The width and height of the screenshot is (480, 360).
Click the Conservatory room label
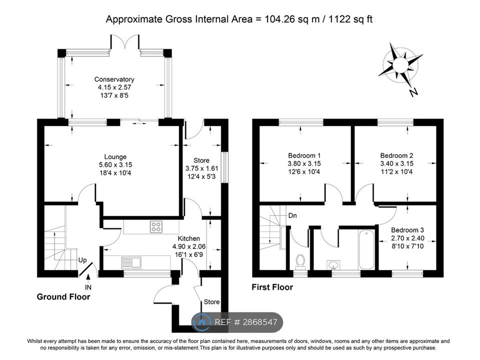coord(114,79)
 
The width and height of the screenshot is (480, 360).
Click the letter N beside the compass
coord(413,92)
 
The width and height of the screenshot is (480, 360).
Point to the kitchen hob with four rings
coord(156,227)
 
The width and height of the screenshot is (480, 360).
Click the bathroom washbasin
coord(332,264)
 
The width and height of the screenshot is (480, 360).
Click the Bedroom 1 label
coord(304,155)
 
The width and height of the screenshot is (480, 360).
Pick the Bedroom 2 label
coord(396,155)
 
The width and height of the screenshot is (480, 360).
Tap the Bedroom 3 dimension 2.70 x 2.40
coord(407,238)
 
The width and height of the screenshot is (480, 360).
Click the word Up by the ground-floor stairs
coord(82,260)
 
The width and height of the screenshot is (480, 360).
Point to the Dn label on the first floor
coord(293,216)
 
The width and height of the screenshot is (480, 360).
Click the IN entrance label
coord(88,287)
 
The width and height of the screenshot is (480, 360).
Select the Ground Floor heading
coord(63,297)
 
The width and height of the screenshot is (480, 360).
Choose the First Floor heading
coord(272,287)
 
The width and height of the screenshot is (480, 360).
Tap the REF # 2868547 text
coord(245,322)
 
